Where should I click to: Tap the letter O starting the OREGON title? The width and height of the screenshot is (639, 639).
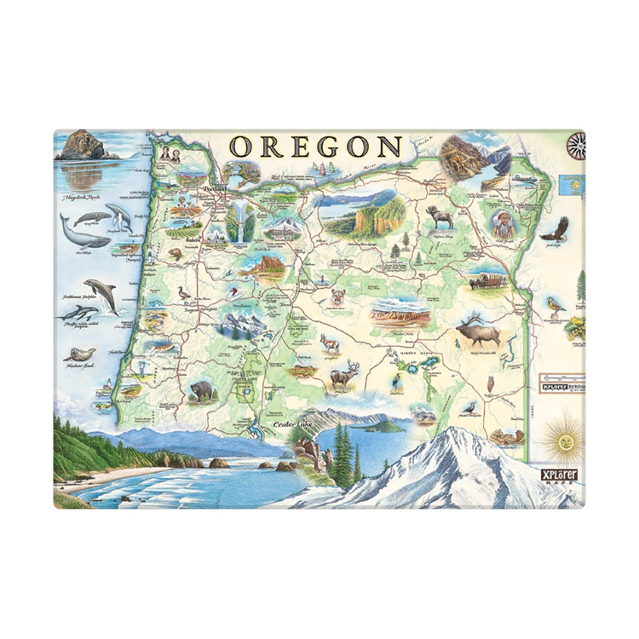click(243, 147)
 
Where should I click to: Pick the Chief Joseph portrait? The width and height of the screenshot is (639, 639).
click(503, 223)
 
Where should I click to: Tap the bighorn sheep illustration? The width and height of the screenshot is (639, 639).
click(441, 217)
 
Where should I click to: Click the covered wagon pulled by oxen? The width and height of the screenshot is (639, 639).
click(488, 279)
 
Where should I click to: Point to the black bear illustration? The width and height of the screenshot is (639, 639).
click(202, 391)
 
